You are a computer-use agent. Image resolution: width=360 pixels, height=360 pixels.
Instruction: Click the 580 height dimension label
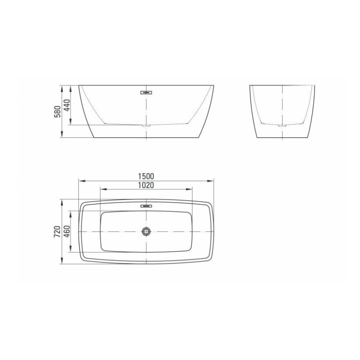[x=58, y=112]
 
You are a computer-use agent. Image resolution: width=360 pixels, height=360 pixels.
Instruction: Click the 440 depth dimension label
[x=67, y=105]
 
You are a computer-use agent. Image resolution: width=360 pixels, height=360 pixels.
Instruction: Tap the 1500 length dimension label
[x=146, y=176]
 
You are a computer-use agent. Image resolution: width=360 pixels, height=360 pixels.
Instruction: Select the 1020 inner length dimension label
[x=146, y=185]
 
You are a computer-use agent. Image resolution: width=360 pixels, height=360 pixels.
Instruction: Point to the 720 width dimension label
[x=57, y=232]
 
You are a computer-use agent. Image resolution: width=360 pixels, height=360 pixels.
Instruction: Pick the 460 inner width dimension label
[x=67, y=232]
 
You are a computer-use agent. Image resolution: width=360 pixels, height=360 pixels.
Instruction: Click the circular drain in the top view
[x=146, y=231]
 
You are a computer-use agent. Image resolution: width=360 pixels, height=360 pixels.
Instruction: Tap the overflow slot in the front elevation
[x=146, y=93]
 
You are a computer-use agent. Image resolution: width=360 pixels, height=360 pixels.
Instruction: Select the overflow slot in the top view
[x=146, y=206]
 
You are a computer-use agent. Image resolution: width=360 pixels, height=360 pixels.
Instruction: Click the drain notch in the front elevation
[x=146, y=126]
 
